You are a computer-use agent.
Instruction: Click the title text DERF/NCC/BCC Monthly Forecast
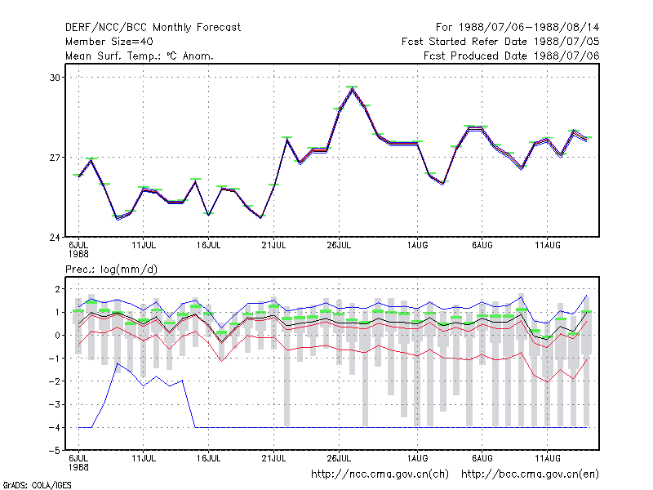point(153,28)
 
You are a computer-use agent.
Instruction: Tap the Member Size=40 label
point(109,42)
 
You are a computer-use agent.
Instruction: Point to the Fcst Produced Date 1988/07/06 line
point(512,56)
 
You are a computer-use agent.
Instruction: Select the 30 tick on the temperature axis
point(55,78)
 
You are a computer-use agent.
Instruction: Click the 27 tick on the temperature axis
point(55,158)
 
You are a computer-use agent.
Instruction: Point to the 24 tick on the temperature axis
point(55,238)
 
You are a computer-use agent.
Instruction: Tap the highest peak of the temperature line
point(352,89)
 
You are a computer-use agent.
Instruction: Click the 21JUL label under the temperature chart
point(273,246)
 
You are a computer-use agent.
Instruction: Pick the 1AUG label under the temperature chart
point(417,246)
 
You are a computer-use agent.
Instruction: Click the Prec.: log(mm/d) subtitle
point(111,269)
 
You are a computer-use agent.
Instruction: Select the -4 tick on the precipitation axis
point(55,427)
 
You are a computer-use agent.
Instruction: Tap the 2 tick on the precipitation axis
point(57,289)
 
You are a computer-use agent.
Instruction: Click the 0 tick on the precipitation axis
point(57,336)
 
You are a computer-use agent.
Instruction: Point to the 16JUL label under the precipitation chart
point(209,459)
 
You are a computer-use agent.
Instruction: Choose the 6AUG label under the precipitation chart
point(482,459)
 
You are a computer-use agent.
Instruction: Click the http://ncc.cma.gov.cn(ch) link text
point(380,474)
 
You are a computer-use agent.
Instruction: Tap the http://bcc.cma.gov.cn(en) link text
point(530,474)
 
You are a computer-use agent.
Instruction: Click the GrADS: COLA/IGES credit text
point(37,485)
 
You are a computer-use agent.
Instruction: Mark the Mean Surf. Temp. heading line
point(140,56)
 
